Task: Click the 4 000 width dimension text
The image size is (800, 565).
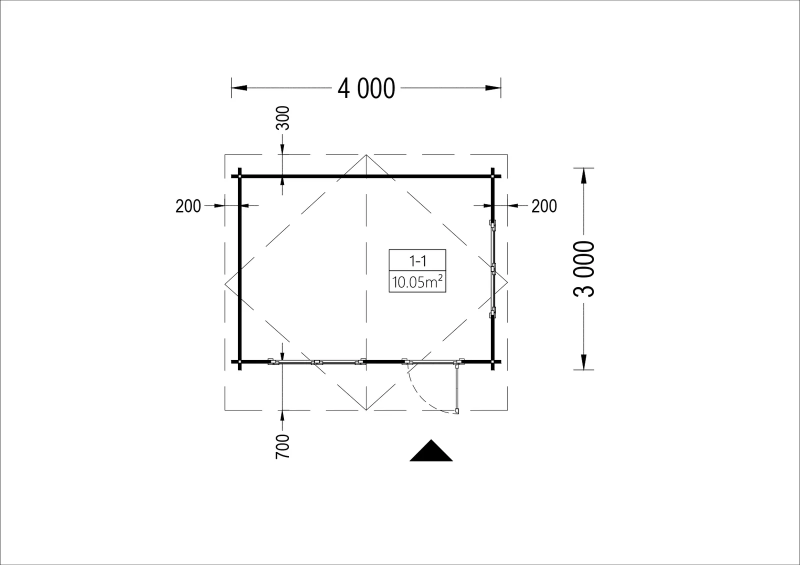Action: [x=366, y=88]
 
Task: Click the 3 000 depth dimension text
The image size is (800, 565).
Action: [x=584, y=269]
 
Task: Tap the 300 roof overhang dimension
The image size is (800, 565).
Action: [x=283, y=118]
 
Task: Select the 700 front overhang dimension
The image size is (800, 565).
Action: [x=282, y=446]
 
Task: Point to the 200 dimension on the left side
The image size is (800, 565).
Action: [x=188, y=206]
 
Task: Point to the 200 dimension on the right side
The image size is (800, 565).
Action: [x=544, y=206]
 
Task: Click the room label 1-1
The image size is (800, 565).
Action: [x=417, y=261]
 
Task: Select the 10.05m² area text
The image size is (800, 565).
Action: [x=417, y=282]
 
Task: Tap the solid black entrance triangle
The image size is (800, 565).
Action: [x=431, y=450]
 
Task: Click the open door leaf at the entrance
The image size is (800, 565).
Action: [x=457, y=387]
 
